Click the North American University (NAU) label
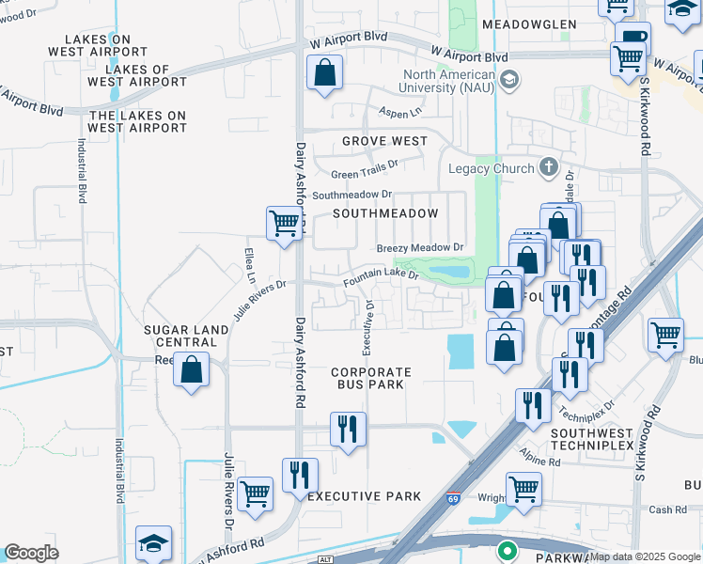(448, 82)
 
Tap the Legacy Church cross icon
(550, 168)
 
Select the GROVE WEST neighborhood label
(384, 141)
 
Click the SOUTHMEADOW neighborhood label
(385, 213)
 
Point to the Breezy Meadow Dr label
(421, 248)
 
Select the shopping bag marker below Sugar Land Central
(191, 369)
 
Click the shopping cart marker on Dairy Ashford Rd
(283, 224)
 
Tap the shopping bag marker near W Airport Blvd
(324, 72)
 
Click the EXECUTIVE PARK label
(358, 496)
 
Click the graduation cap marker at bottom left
(153, 543)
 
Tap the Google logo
(31, 553)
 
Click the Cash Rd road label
(667, 509)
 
